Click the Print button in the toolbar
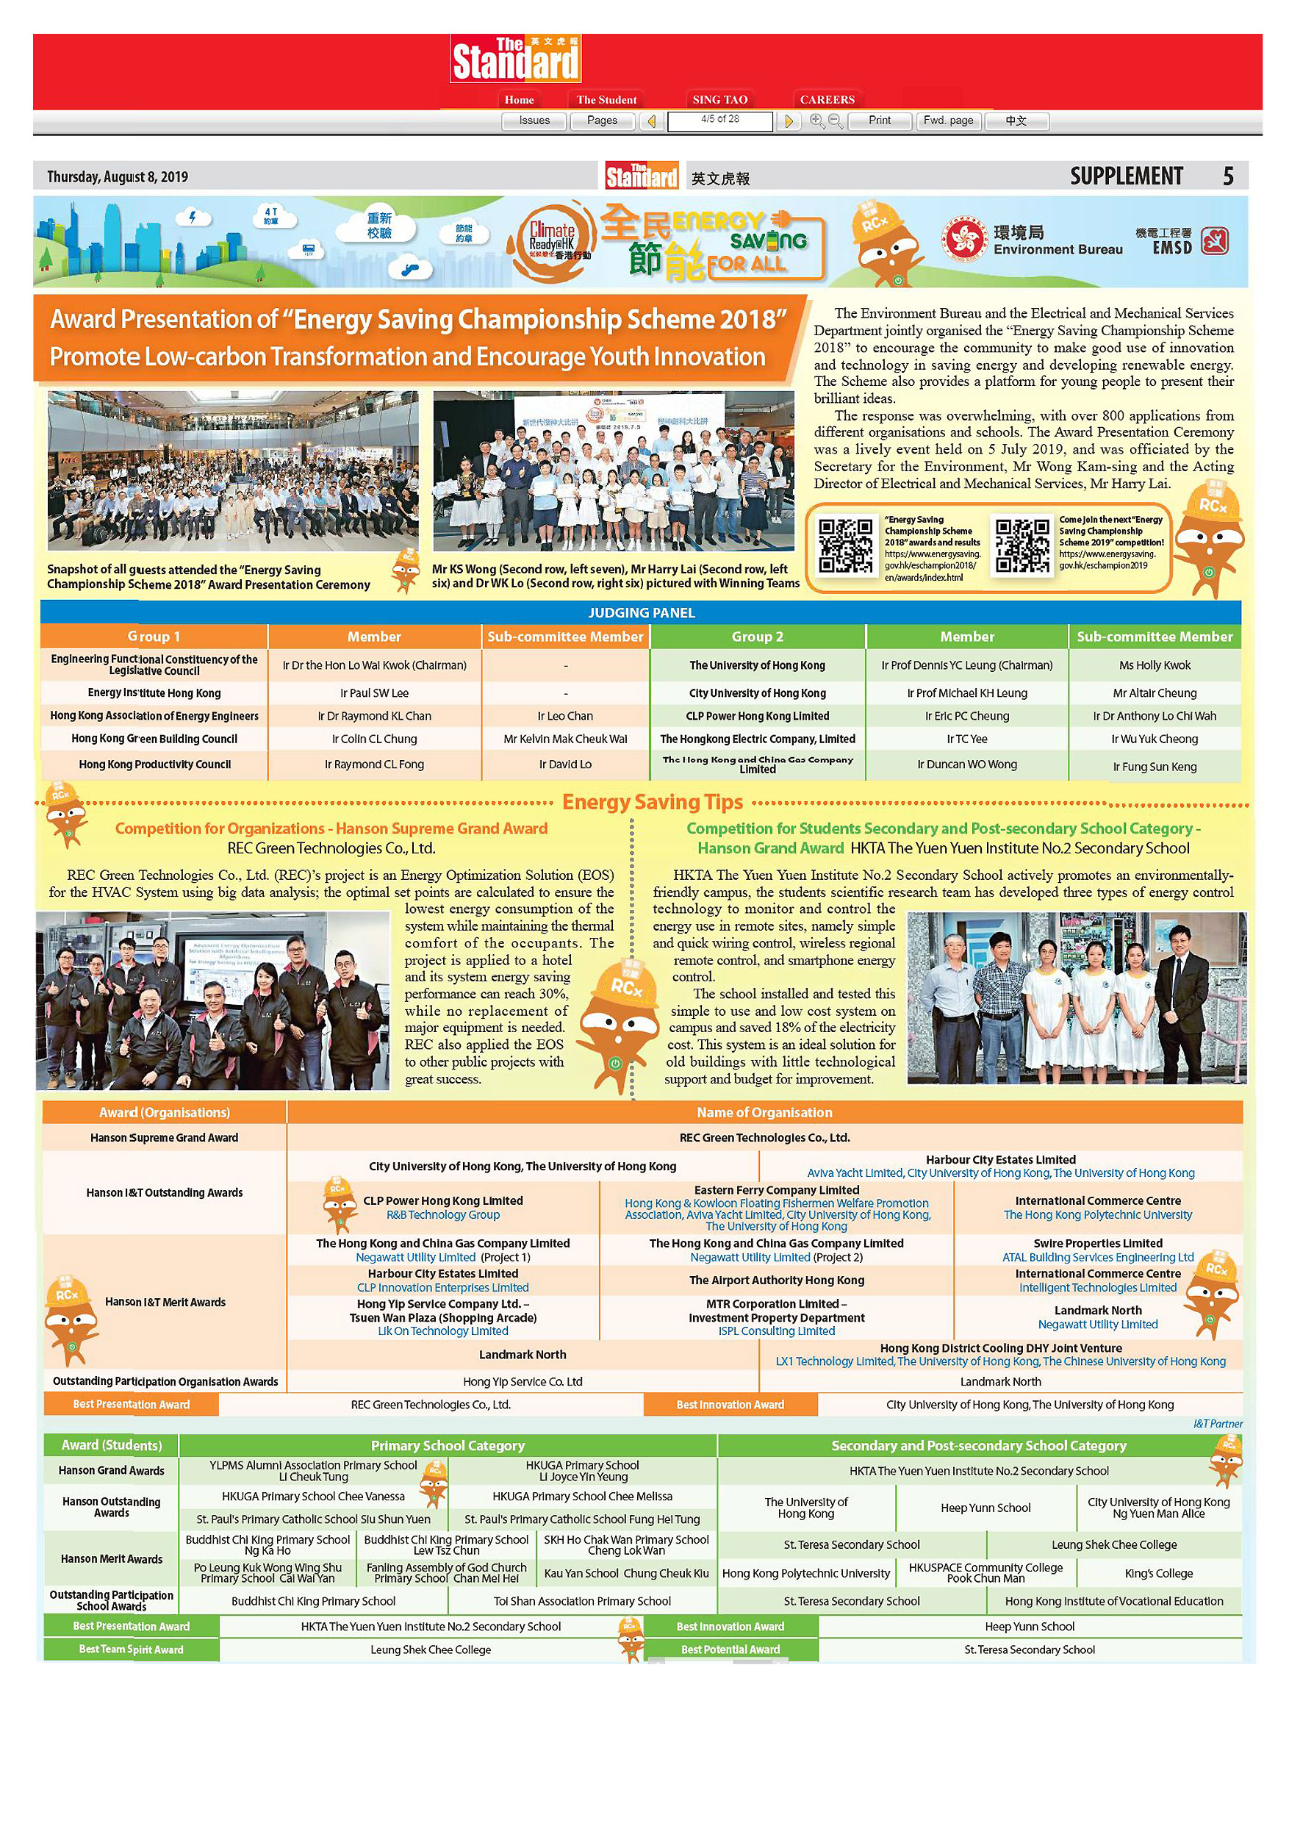(x=879, y=121)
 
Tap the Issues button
(x=534, y=121)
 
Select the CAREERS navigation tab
(x=827, y=100)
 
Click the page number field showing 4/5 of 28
(x=720, y=120)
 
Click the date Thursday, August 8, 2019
(x=118, y=177)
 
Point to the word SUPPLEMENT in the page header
(x=1126, y=176)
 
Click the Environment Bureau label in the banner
(x=1058, y=249)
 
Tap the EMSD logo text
(x=1171, y=247)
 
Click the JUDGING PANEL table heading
(x=642, y=613)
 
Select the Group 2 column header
(x=757, y=637)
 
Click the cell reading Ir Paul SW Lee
(x=375, y=693)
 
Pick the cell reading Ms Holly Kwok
(x=1155, y=665)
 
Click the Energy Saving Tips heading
(x=653, y=802)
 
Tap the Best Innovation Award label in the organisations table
(x=730, y=1405)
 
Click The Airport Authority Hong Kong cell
(x=776, y=1280)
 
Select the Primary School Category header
(x=448, y=1446)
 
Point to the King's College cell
(x=1158, y=1573)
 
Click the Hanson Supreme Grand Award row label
(x=165, y=1138)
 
